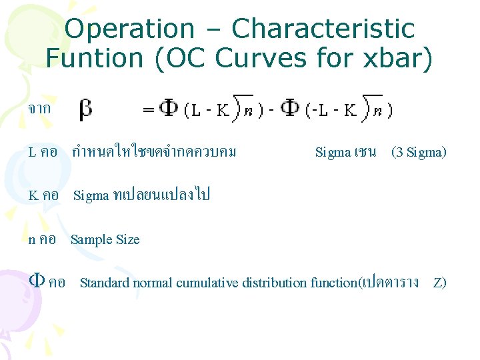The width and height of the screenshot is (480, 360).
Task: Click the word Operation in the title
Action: (129, 29)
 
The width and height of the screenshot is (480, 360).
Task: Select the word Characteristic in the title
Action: (323, 29)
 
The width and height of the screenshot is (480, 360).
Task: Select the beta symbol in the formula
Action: (86, 109)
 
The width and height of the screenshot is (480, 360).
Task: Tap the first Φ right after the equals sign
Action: (168, 109)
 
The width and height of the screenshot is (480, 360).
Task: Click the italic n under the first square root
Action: (246, 112)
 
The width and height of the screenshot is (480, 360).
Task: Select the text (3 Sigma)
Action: (419, 152)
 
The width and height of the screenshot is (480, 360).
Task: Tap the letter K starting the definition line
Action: (33, 195)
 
